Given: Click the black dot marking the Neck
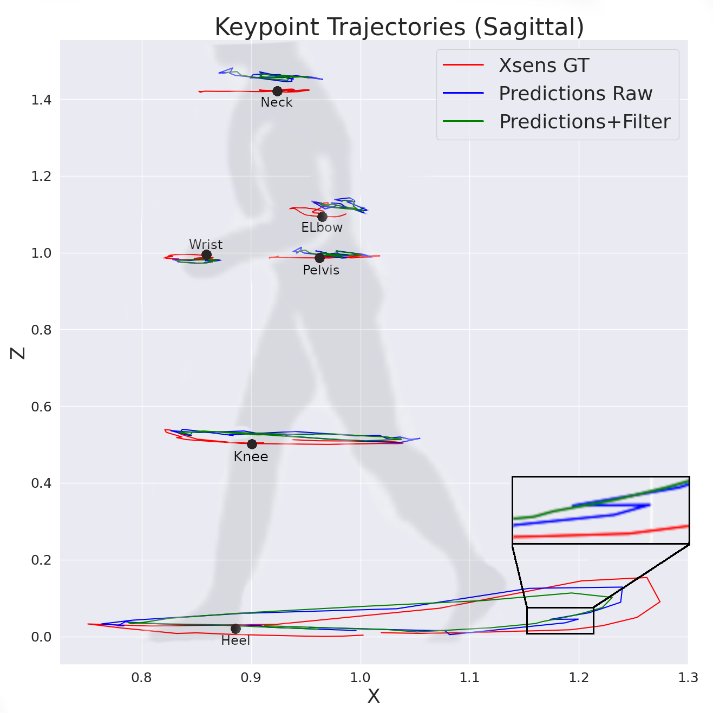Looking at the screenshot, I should [x=277, y=91].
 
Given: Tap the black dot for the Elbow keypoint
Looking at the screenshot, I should [x=322, y=217].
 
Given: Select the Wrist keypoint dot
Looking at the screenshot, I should [x=206, y=254].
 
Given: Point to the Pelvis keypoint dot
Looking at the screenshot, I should [x=320, y=258].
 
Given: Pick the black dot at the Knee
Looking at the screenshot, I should [x=252, y=444].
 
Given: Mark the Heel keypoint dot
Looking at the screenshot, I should [x=236, y=629].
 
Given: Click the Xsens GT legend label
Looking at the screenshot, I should [x=544, y=66].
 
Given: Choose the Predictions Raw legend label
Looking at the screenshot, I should [x=575, y=94].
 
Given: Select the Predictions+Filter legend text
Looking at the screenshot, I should [x=585, y=122].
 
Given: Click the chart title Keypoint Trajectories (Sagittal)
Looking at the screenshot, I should [x=399, y=27].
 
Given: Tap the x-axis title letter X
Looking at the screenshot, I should [x=374, y=696].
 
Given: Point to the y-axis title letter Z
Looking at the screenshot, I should [x=18, y=353].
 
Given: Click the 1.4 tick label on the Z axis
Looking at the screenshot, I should [x=41, y=100].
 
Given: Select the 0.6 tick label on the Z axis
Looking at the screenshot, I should [x=41, y=407].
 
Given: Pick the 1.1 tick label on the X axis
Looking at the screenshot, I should [x=469, y=678].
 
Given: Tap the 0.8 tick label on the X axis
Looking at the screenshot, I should [x=142, y=678].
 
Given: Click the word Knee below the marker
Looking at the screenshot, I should [x=251, y=457].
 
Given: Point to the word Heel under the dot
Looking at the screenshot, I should [x=236, y=641].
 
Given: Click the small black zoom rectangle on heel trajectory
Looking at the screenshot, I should [x=560, y=620].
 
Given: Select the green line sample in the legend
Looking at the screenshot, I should [x=463, y=121].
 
